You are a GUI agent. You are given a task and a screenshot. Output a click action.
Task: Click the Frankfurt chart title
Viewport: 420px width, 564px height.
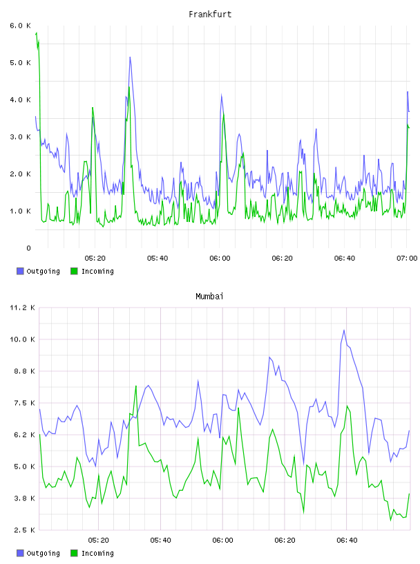click(210, 15)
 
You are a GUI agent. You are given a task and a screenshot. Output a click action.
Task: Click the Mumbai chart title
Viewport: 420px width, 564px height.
click(209, 297)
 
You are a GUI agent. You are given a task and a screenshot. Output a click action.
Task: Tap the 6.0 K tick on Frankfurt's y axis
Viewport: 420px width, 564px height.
click(21, 26)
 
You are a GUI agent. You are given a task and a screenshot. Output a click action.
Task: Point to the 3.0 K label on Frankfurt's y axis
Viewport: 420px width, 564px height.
click(21, 137)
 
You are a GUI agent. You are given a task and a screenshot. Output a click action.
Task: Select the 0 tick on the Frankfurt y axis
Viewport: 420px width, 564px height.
click(28, 248)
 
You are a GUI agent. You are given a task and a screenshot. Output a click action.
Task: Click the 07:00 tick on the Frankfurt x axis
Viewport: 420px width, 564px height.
click(407, 258)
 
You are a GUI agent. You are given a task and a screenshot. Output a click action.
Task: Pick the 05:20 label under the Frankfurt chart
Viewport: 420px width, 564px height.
click(95, 258)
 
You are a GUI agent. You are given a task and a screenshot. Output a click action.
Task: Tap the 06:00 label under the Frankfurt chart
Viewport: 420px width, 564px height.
click(220, 258)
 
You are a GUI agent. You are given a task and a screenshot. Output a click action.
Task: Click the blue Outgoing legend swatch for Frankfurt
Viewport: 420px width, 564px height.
click(20, 271)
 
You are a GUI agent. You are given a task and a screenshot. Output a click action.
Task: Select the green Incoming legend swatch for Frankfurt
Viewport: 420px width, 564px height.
click(74, 271)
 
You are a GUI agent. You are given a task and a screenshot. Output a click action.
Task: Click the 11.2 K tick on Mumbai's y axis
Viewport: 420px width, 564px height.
click(22, 308)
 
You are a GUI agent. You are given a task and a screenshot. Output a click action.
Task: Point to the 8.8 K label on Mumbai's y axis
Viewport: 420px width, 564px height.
click(24, 371)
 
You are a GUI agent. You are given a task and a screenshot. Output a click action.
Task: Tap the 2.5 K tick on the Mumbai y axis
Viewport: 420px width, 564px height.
click(24, 530)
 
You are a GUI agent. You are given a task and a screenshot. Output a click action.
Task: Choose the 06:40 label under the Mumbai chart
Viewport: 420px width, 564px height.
click(347, 540)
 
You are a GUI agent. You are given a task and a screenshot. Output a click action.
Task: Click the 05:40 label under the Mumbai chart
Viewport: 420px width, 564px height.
click(161, 540)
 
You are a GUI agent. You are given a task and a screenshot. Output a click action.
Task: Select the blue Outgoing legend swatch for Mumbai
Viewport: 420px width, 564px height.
click(20, 553)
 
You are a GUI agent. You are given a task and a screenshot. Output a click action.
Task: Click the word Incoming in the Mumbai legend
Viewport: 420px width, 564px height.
click(97, 553)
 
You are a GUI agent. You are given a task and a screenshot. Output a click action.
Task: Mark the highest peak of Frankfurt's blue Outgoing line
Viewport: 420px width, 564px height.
click(130, 57)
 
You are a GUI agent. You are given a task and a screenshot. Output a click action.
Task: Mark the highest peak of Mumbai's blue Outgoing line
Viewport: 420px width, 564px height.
click(344, 330)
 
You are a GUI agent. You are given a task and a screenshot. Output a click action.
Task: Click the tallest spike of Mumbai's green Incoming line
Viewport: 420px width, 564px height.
click(136, 386)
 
